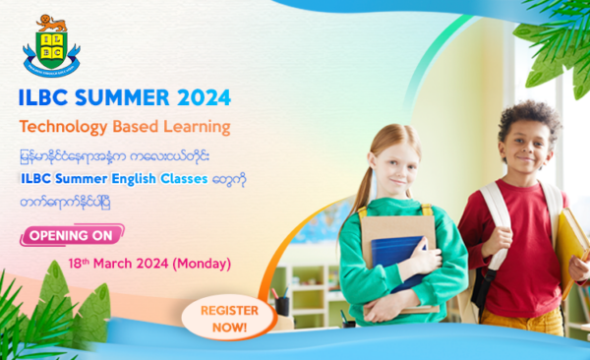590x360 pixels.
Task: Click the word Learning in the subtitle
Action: tap(198, 127)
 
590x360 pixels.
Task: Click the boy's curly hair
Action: tap(528, 116)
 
